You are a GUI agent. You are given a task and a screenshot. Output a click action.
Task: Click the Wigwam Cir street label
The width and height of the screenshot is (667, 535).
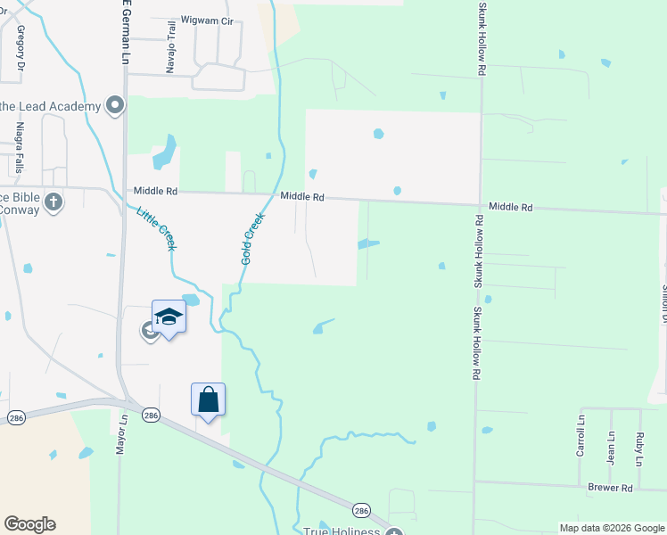[206, 21]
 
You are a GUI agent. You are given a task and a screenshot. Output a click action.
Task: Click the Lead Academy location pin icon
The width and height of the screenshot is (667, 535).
[114, 106]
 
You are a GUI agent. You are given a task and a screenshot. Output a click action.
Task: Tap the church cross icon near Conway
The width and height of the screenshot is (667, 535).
[54, 201]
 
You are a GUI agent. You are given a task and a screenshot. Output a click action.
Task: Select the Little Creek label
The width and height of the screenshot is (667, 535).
[155, 228]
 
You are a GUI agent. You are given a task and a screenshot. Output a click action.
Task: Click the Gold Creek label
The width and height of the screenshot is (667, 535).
[252, 238]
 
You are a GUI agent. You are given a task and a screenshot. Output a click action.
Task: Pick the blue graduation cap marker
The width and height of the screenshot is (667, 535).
[169, 318]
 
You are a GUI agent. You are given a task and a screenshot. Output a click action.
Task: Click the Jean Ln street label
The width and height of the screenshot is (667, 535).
[611, 449]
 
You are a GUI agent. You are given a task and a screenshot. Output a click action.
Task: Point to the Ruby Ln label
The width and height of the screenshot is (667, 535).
[639, 449]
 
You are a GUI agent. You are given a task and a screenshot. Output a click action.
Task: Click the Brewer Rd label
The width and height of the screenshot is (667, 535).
[610, 488]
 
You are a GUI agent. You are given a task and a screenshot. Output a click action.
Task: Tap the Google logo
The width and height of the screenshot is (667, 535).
[29, 524]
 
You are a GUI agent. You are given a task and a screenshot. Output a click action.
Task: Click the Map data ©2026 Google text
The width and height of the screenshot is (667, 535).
[612, 528]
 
